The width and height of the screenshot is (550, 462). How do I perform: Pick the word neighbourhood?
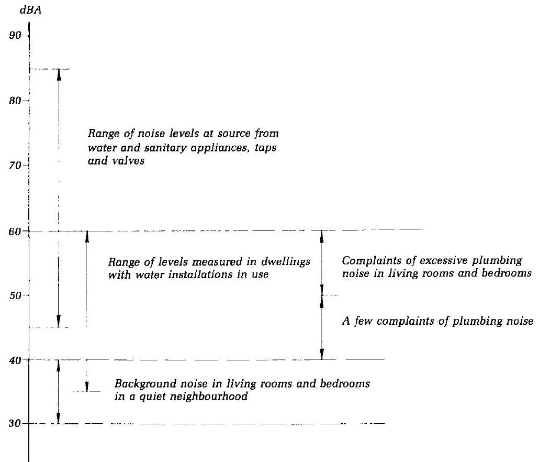tap(210, 397)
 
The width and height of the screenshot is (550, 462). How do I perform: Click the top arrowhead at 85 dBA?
tap(59, 73)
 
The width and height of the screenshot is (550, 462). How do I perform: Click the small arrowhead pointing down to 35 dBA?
tap(87, 388)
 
